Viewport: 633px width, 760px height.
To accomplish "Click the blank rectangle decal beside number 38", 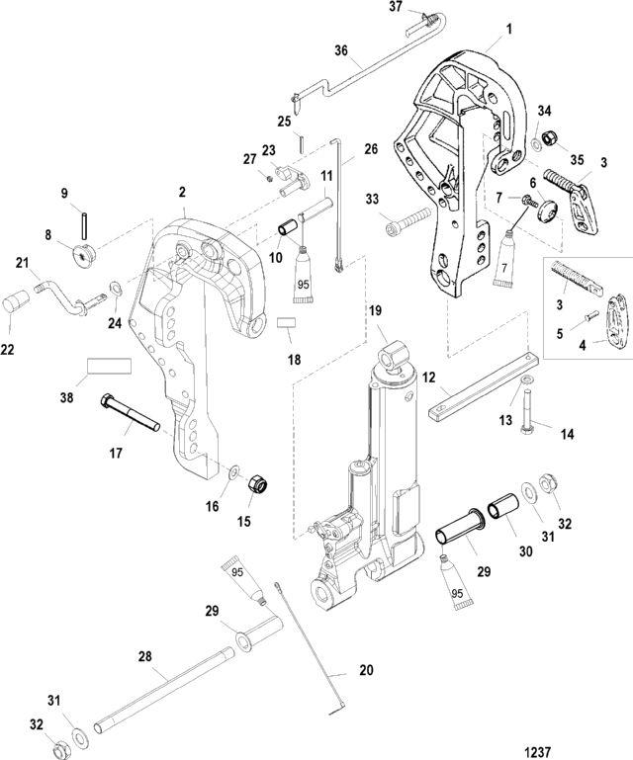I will [x=109, y=366].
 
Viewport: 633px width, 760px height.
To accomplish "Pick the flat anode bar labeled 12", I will [x=470, y=391].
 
